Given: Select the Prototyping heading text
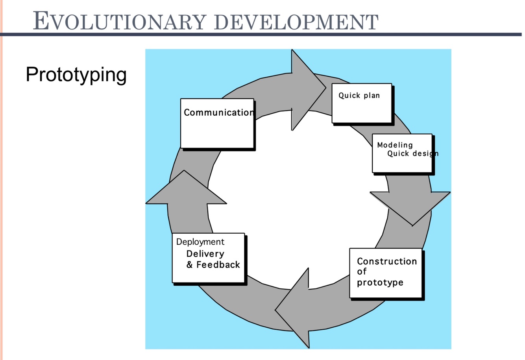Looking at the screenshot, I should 76,74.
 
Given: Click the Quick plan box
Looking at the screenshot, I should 362,103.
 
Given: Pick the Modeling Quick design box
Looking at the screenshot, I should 402,153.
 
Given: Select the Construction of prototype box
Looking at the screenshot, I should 386,273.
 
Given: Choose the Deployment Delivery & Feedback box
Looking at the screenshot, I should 209,258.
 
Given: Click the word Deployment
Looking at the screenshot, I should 200,242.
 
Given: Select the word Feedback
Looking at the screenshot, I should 218,265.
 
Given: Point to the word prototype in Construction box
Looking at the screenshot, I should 380,282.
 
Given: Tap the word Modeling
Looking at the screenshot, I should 395,145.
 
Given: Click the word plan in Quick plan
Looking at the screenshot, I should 372,96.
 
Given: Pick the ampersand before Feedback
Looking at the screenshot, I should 190,265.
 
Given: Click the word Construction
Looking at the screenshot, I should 386,261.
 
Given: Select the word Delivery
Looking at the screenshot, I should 205,254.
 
